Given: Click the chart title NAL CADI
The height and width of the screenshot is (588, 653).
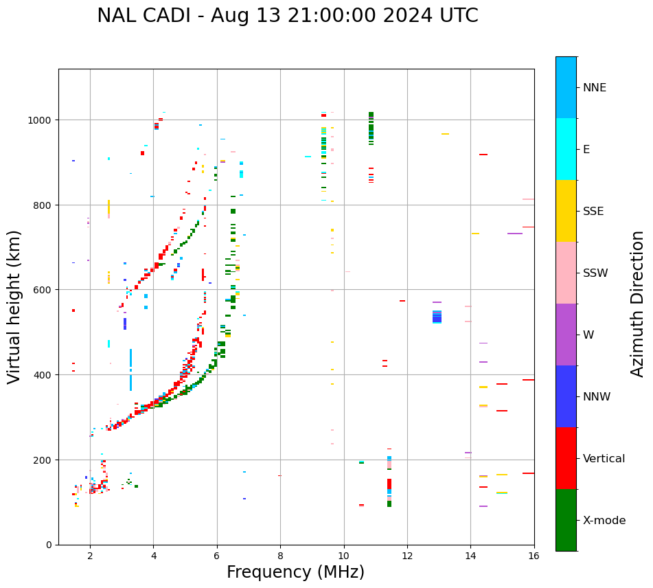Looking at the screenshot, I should coord(287,16).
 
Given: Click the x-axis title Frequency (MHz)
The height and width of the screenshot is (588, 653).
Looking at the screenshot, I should coord(295,572).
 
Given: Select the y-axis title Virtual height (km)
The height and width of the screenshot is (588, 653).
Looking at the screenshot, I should coord(14,307).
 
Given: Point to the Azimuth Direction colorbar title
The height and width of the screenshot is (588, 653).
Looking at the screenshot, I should coord(638,304).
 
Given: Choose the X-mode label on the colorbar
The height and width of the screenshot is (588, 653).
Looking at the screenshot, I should coord(604,521).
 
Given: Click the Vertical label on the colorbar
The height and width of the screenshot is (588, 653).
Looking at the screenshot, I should coord(604,459).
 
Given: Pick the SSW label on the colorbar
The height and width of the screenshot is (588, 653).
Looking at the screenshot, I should coord(595,273).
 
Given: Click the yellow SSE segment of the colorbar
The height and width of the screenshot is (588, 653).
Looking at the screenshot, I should coord(566,211).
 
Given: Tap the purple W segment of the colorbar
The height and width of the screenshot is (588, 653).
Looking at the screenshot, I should coord(566,335).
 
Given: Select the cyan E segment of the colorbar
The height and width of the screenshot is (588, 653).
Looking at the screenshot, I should coord(566,149).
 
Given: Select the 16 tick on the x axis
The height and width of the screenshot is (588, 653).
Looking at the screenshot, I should coord(534,557).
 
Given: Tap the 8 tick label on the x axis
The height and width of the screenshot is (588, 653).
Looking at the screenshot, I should coord(280,557).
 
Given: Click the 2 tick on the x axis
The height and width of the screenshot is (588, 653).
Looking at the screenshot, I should coord(90,557).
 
